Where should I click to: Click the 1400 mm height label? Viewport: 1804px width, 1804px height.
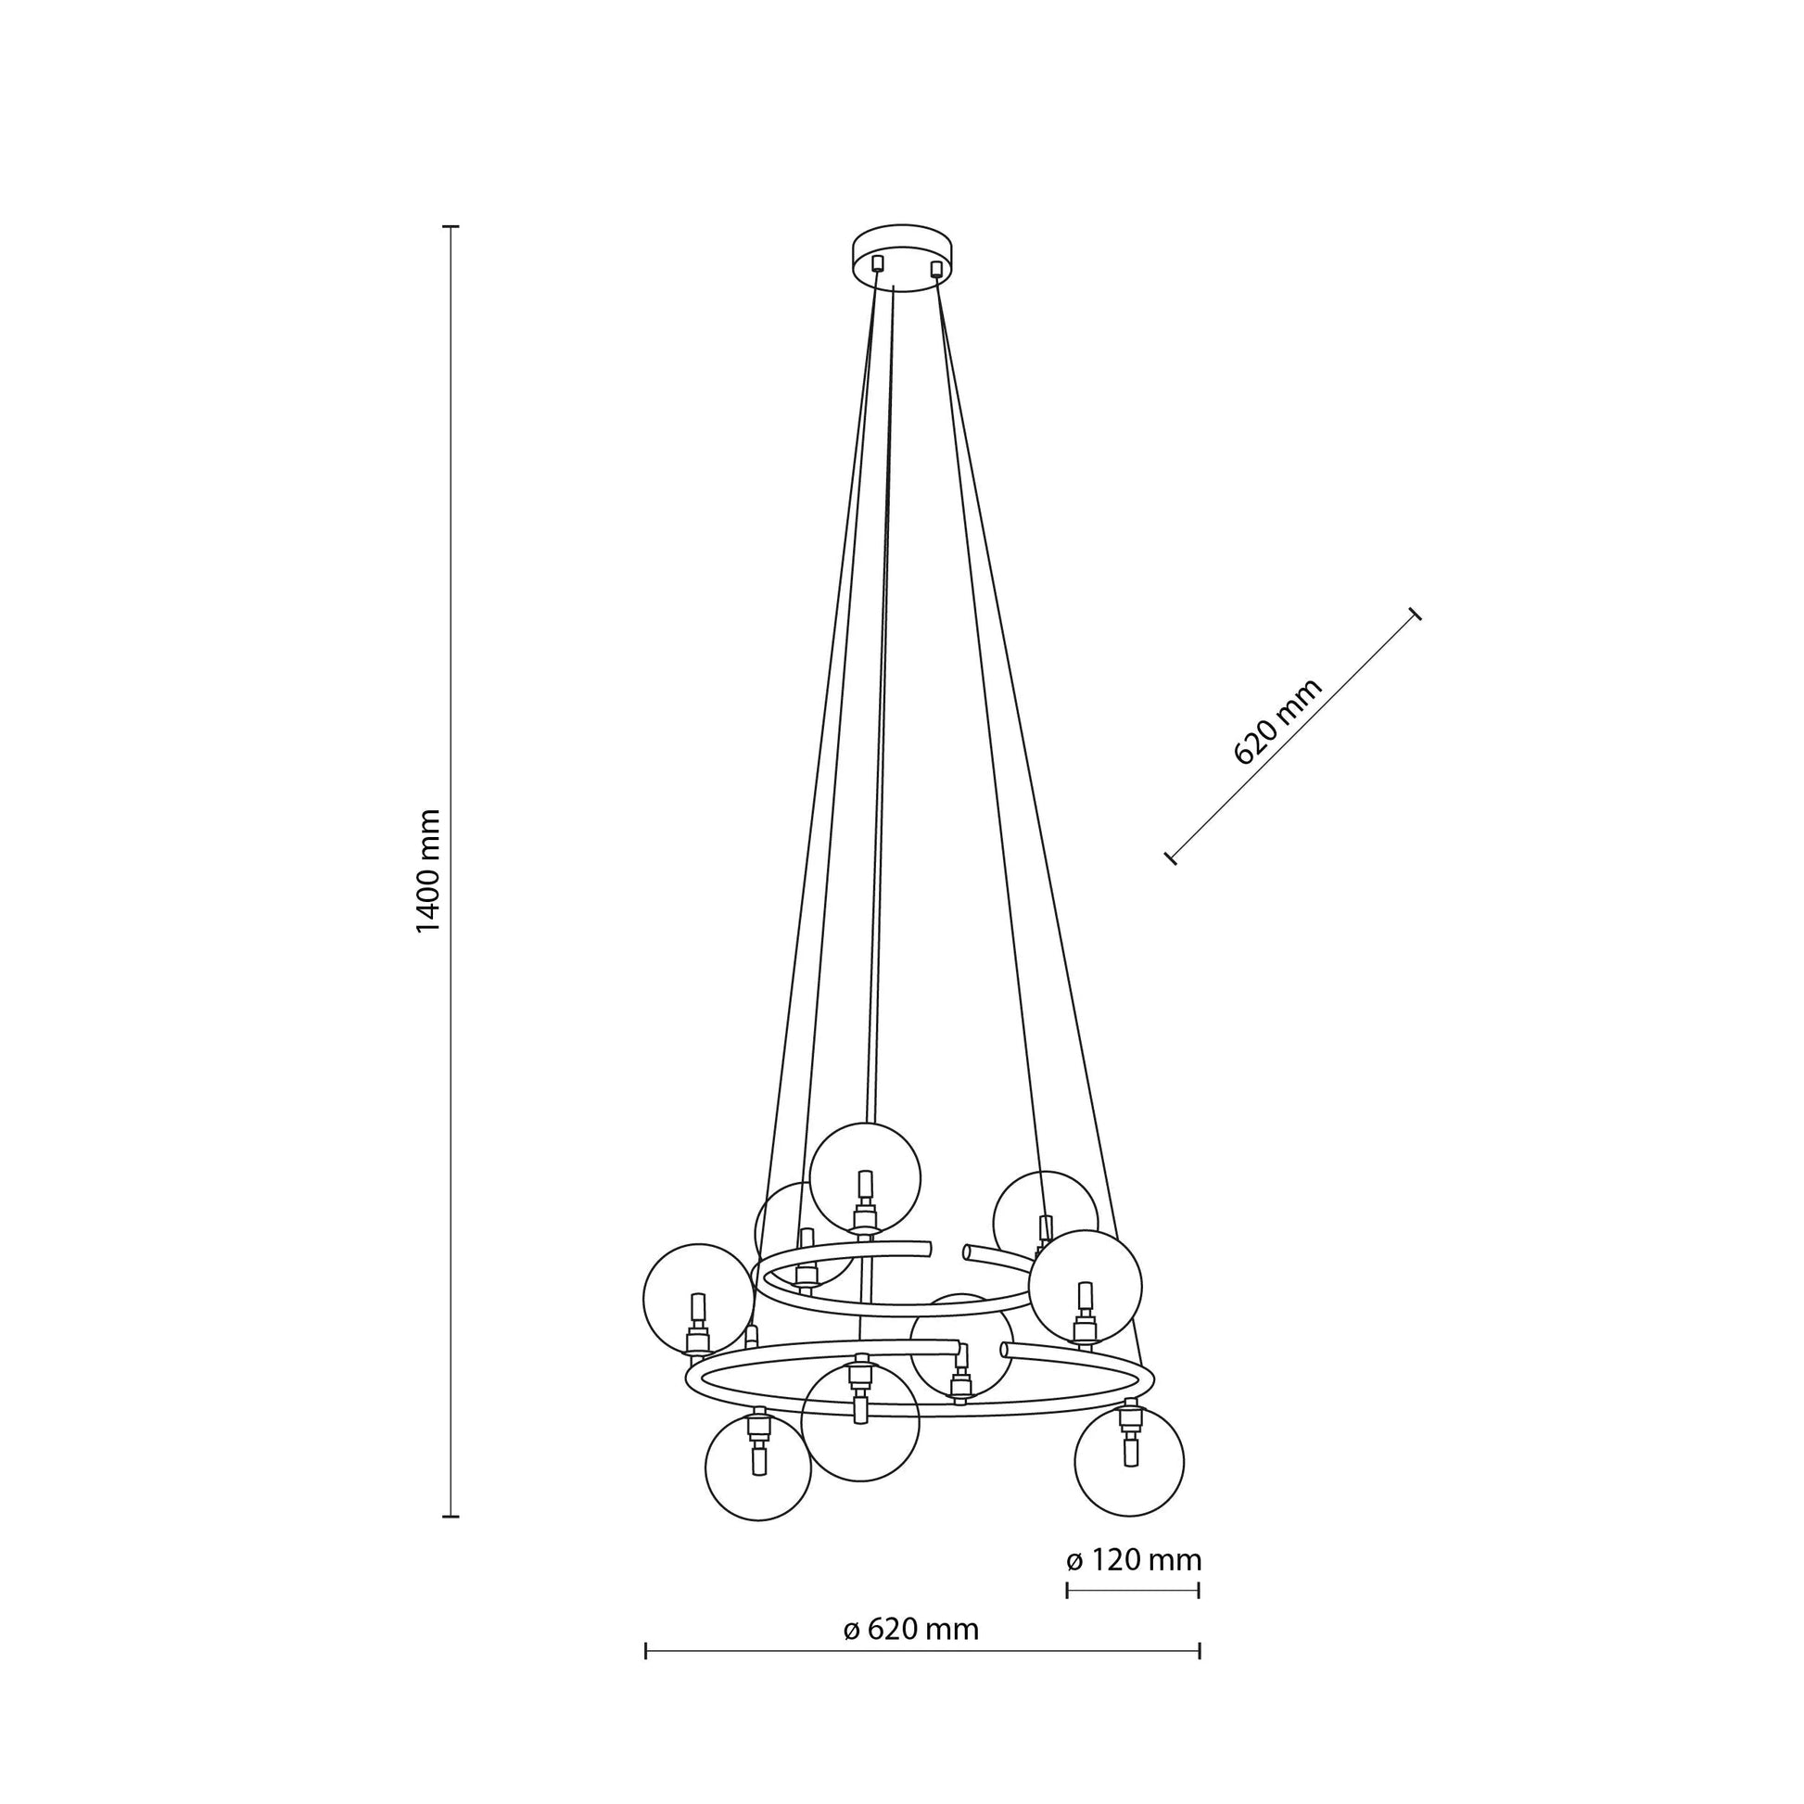[x=427, y=871]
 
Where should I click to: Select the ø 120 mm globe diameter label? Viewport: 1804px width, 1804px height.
[x=1134, y=1560]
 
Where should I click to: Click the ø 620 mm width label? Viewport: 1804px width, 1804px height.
[x=911, y=1630]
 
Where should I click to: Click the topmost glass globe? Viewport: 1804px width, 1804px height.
[x=865, y=1177]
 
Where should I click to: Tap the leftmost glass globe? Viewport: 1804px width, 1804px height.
[x=697, y=1298]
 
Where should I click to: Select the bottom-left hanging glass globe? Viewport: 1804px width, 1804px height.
[x=758, y=1467]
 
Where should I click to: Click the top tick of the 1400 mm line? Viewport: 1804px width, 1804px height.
[x=451, y=227]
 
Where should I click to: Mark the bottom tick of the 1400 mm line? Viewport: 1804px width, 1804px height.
[x=451, y=1517]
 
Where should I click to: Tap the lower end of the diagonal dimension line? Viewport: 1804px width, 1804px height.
[x=1171, y=858]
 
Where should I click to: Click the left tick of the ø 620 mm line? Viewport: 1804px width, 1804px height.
[x=646, y=1652]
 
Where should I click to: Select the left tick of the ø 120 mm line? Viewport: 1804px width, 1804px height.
[x=1067, y=1589]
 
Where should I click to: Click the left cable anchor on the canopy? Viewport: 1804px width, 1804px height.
[x=877, y=262]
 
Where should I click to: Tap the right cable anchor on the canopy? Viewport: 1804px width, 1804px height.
[x=935, y=269]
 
